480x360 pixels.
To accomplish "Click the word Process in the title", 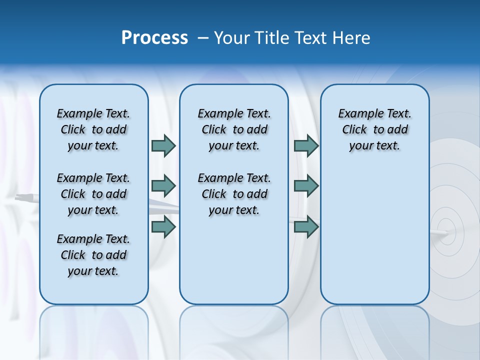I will pyautogui.click(x=154, y=38).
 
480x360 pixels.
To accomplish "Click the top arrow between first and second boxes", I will pyautogui.click(x=163, y=145).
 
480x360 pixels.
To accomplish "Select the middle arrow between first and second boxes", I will pyautogui.click(x=163, y=186).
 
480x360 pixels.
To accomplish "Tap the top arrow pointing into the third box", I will pyautogui.click(x=306, y=145).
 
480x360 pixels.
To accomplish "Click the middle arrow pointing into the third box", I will pyautogui.click(x=306, y=186).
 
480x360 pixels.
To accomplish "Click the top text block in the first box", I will pyautogui.click(x=93, y=129).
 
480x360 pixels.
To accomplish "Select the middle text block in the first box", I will pyautogui.click(x=93, y=194).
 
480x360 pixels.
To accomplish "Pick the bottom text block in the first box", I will pyautogui.click(x=93, y=255).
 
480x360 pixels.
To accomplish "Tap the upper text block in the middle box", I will pyautogui.click(x=234, y=129).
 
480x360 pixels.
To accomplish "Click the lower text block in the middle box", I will pyautogui.click(x=234, y=194).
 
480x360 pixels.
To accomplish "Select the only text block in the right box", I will pyautogui.click(x=375, y=129).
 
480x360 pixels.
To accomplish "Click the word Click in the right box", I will pyautogui.click(x=354, y=129).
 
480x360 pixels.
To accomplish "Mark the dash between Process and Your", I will pyautogui.click(x=203, y=38).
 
